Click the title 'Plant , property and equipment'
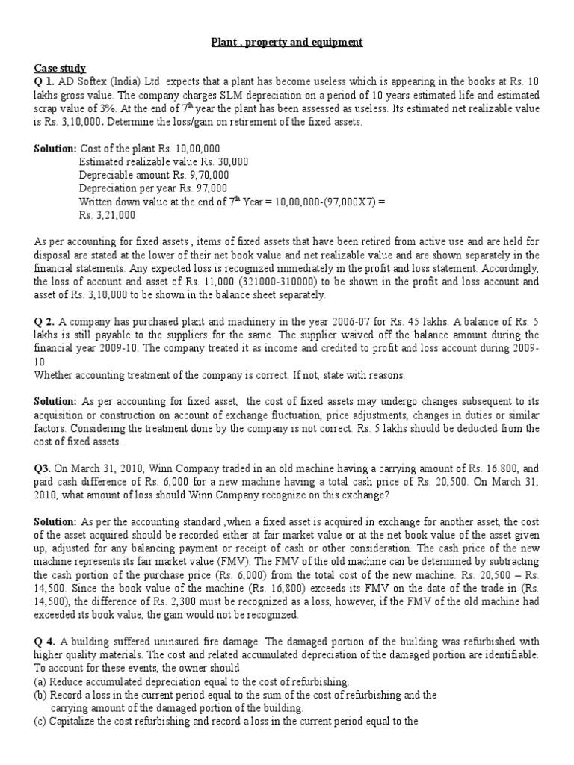[287, 43]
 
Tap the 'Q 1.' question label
[46, 81]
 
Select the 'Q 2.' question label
[46, 322]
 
